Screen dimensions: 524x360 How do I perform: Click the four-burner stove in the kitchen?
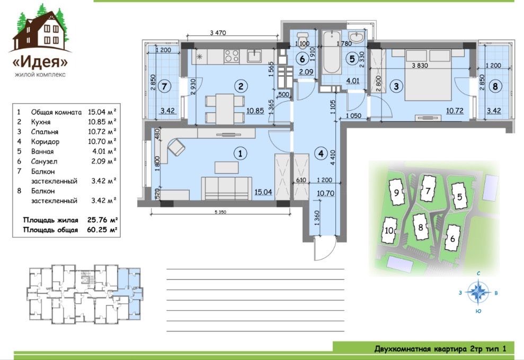[x=231, y=56]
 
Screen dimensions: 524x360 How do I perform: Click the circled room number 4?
[x=321, y=154]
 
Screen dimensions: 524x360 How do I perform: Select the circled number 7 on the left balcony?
[x=164, y=86]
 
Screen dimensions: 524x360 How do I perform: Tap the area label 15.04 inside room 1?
[x=263, y=192]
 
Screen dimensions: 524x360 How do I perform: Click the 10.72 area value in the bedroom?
[x=455, y=110]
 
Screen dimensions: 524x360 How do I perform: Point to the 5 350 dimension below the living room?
[x=220, y=212]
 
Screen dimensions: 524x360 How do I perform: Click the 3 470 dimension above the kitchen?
[x=218, y=33]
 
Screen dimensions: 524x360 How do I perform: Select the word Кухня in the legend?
[x=41, y=122]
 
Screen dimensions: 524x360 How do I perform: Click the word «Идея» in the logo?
[x=40, y=61]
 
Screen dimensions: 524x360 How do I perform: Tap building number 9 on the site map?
[x=396, y=193]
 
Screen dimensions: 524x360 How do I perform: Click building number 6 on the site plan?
[x=453, y=239]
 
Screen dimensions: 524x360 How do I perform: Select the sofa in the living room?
[x=226, y=188]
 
